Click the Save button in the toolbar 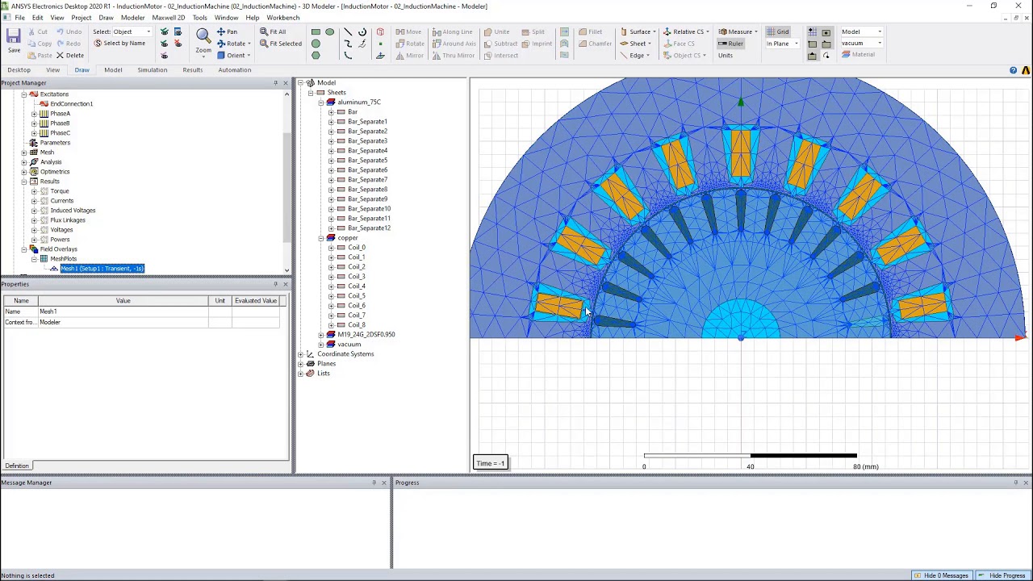13,40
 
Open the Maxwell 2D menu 168,18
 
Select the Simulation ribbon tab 152,70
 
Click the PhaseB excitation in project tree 60,123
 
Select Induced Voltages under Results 73,211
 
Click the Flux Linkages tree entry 68,220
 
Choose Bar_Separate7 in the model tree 367,180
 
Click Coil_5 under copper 356,296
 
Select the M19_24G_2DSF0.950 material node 366,335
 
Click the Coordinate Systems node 345,354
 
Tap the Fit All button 273,31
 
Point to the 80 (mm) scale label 865,466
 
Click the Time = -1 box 491,463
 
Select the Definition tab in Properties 17,466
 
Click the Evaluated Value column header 255,301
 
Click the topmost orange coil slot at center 740,153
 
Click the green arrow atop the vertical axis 741,102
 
